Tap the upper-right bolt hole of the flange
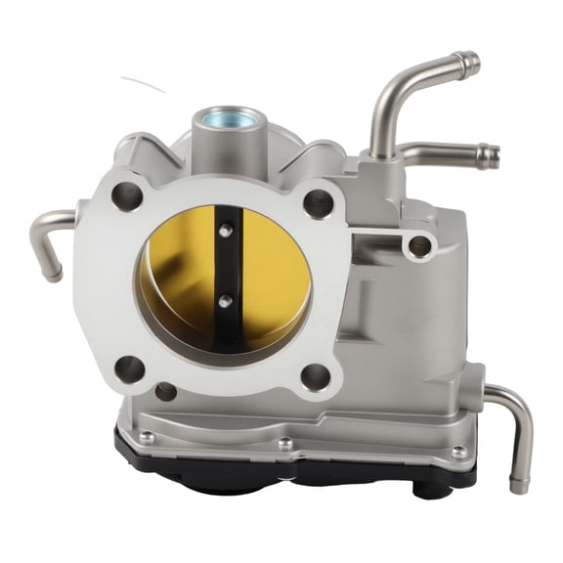click(318, 203)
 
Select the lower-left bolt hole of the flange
click(129, 368)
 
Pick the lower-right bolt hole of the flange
click(316, 376)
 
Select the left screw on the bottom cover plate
click(147, 436)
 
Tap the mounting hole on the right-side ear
click(420, 245)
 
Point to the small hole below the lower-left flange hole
click(165, 392)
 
